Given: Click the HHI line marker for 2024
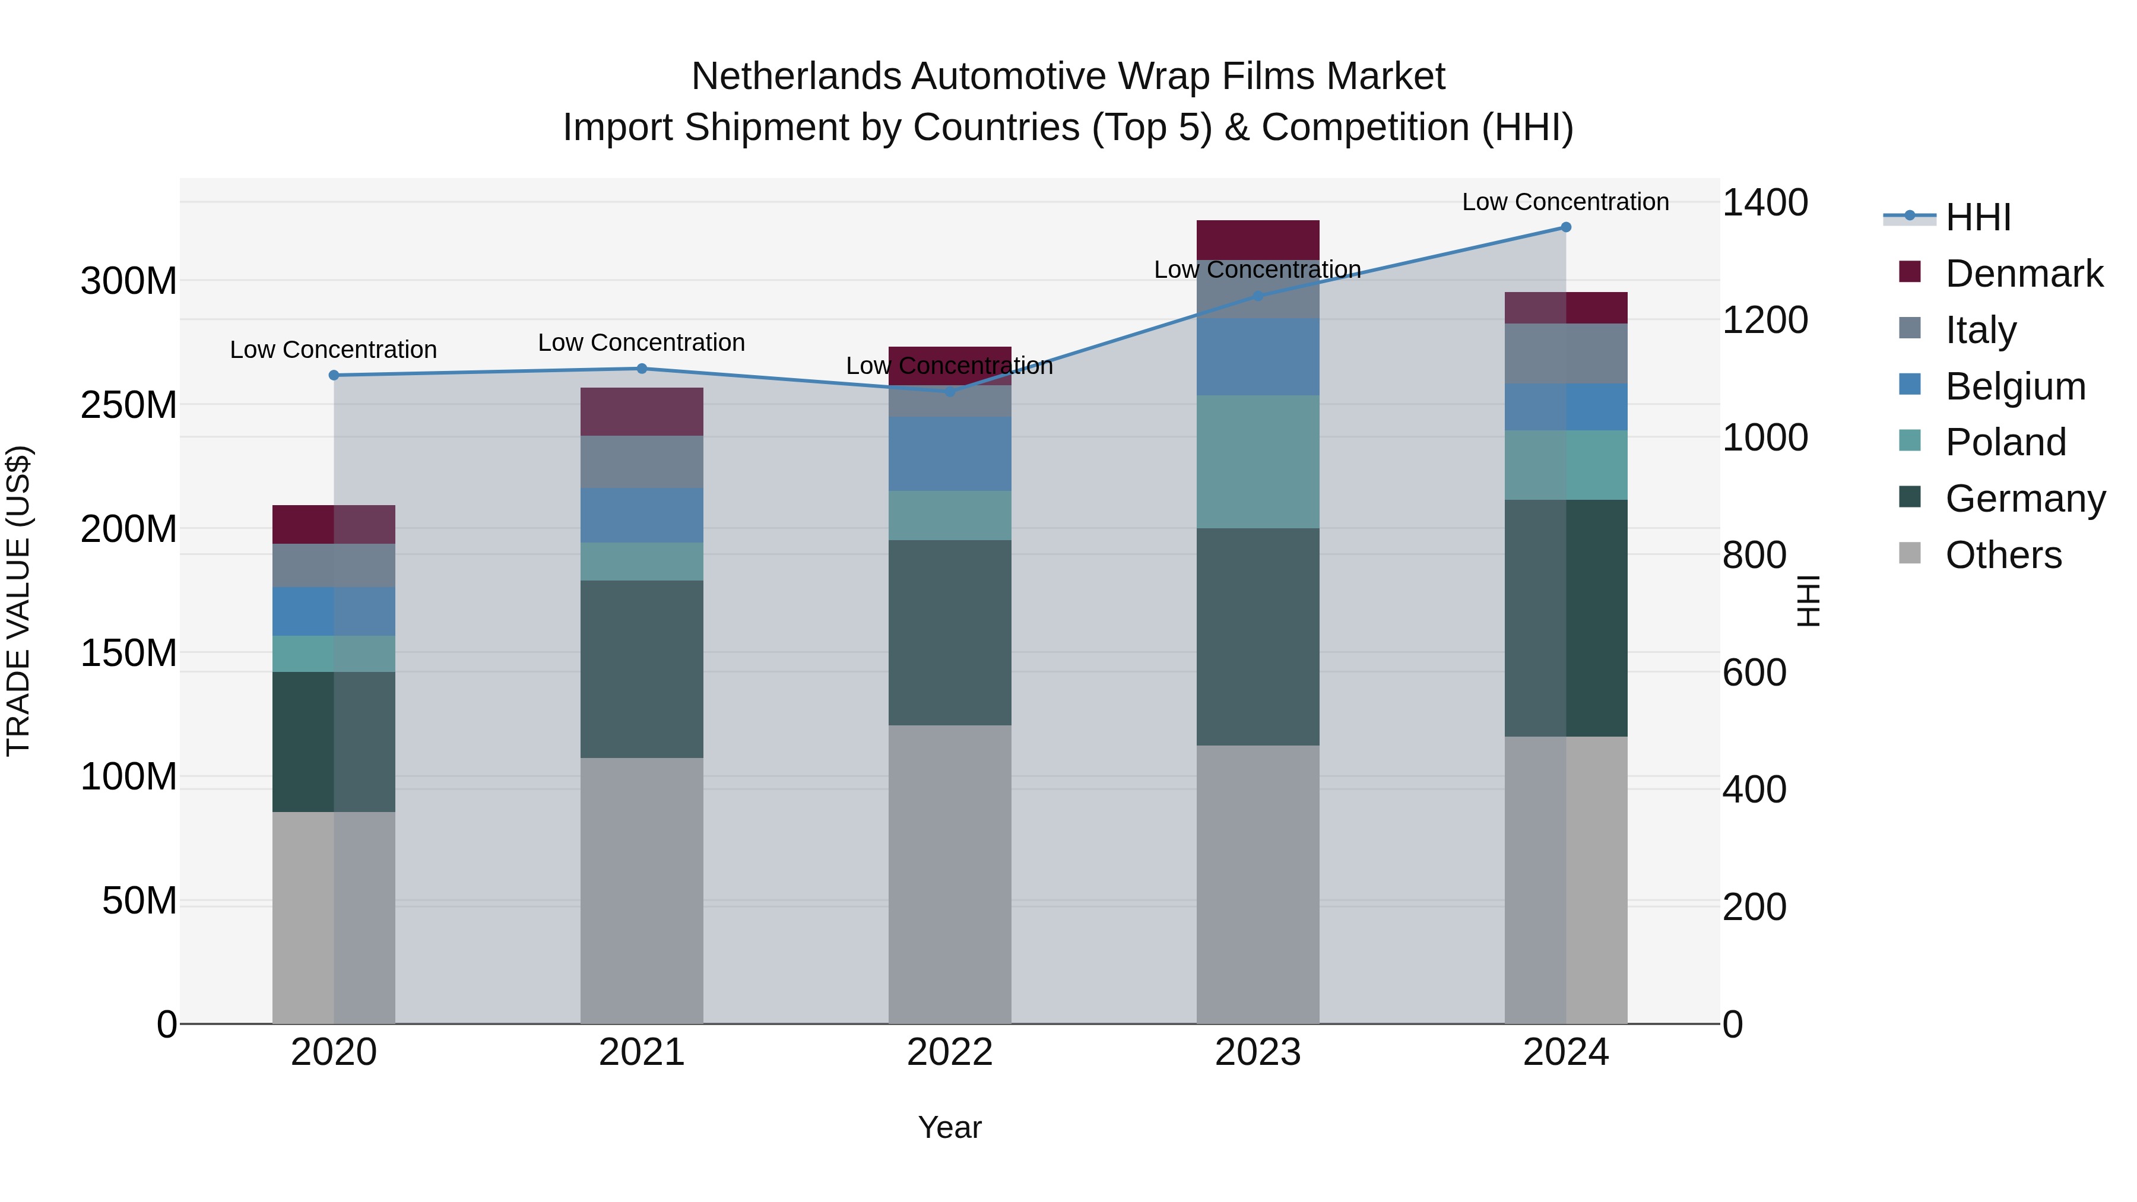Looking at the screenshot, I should click(x=1565, y=227).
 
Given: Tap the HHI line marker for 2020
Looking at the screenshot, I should click(x=334, y=375).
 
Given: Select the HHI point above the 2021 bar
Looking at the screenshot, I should click(x=641, y=368).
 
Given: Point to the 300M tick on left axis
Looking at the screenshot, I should click(x=129, y=281).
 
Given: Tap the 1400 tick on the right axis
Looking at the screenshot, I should click(x=1765, y=202).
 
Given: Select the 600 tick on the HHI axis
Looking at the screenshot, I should click(x=1754, y=672).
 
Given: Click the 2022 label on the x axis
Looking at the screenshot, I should click(x=949, y=1052).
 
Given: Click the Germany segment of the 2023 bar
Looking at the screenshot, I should click(x=1258, y=636).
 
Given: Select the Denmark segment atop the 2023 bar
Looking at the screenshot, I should click(x=1258, y=240).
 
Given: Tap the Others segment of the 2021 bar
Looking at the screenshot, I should click(x=641, y=890).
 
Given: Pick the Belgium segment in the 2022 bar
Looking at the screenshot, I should click(x=949, y=453).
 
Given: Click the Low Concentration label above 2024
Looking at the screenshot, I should click(x=1565, y=202).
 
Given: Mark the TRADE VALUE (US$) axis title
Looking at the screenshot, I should click(x=18, y=601).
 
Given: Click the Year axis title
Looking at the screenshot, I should click(x=949, y=1127).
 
